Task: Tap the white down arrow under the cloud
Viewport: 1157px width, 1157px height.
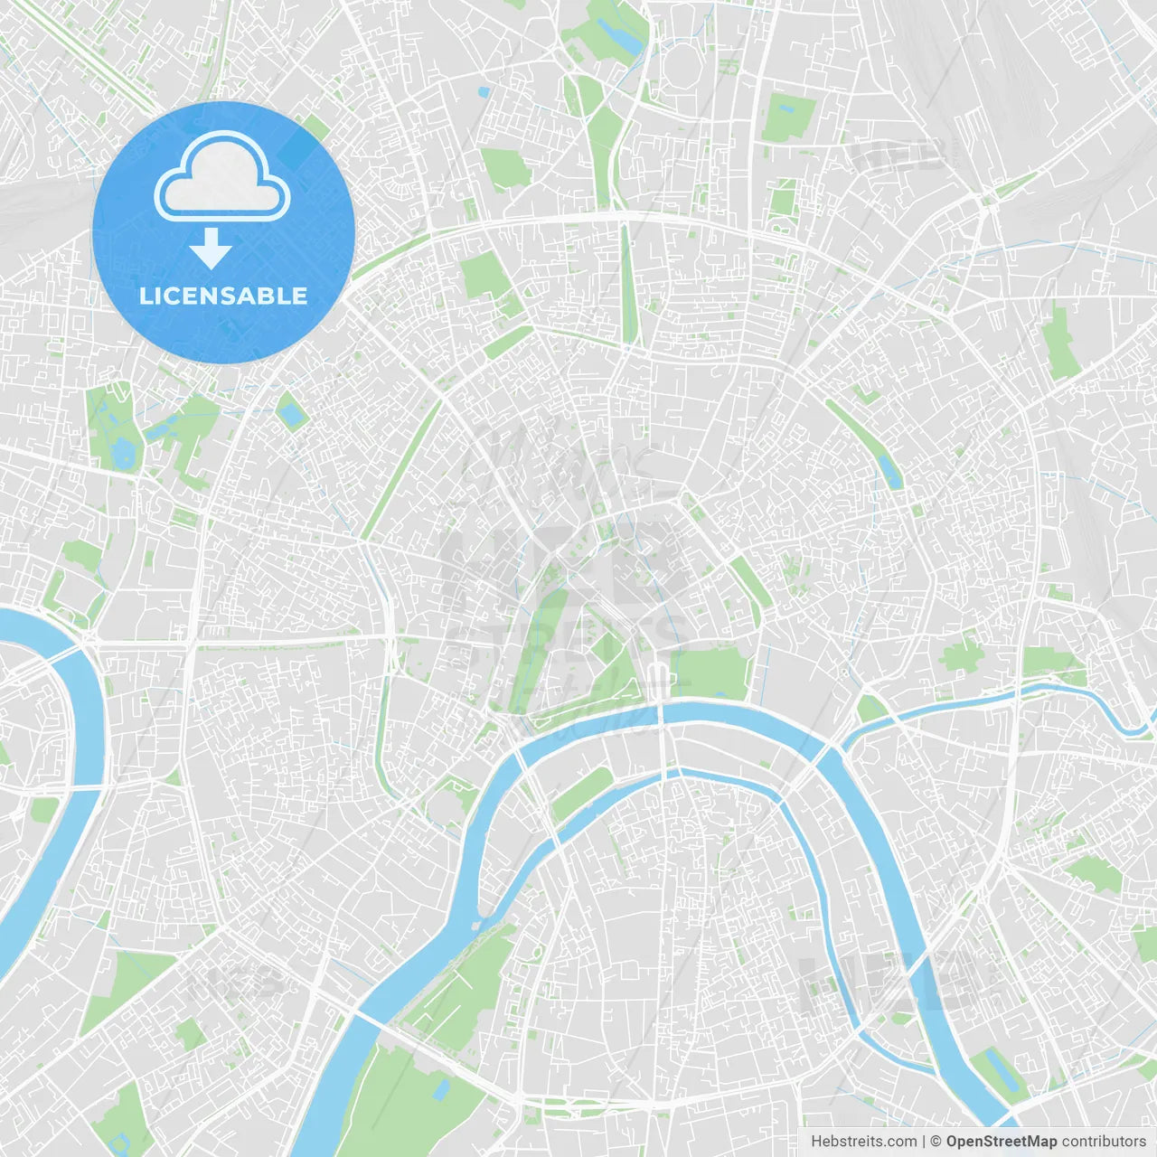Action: pyautogui.click(x=211, y=249)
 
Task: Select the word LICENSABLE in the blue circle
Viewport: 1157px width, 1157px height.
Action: pyautogui.click(x=223, y=296)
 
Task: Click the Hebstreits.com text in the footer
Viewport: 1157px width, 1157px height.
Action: pyautogui.click(x=863, y=1142)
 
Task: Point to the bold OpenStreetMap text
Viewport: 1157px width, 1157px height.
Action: pyautogui.click(x=1002, y=1142)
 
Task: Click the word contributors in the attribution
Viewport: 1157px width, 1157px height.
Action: pyautogui.click(x=1104, y=1142)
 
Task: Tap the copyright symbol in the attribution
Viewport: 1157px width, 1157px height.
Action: pyautogui.click(x=936, y=1142)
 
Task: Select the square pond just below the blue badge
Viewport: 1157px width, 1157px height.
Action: pyautogui.click(x=291, y=415)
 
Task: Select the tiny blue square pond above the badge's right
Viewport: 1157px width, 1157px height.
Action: pyautogui.click(x=484, y=92)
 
